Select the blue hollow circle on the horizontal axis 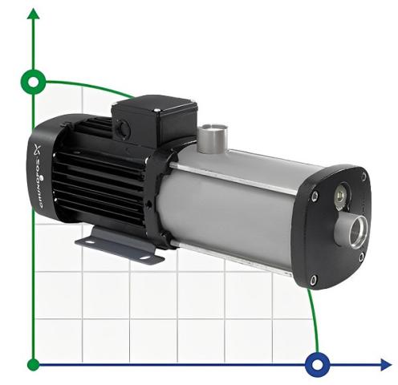319,365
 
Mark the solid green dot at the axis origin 33,365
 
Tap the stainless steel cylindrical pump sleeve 241,201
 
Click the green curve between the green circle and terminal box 88,86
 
